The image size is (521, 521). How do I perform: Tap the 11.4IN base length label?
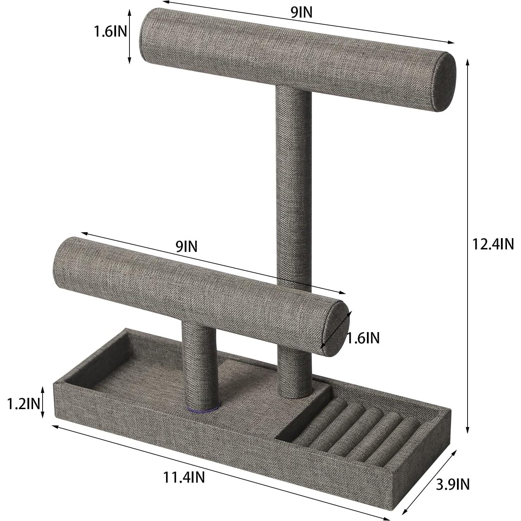184,477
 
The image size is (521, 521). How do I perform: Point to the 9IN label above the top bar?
301,12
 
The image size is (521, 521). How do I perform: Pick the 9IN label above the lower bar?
186,247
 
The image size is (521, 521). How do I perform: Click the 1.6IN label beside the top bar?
110,32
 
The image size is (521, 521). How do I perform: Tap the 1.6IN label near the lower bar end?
363,338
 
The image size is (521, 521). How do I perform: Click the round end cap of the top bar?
444,82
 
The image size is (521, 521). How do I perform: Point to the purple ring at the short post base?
201,409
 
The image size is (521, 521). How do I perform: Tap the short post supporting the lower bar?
199,366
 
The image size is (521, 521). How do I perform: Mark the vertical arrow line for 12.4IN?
468,246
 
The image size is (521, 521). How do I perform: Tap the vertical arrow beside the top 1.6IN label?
129,37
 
